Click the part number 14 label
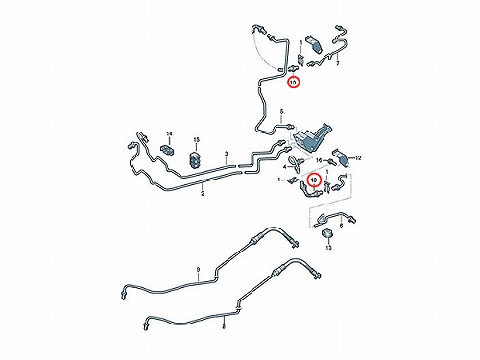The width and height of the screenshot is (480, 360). [169, 133]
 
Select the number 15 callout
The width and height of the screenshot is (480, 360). [196, 140]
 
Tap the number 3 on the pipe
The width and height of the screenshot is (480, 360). [227, 154]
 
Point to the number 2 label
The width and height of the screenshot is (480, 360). [203, 194]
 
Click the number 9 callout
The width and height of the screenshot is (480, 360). [198, 270]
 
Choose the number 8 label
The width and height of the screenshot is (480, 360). [224, 326]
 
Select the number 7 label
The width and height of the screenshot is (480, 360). [337, 63]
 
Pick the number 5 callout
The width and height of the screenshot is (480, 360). [281, 112]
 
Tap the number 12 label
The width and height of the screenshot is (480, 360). [358, 157]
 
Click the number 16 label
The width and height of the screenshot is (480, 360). [319, 160]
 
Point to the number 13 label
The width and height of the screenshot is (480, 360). [328, 248]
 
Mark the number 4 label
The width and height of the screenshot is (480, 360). [284, 167]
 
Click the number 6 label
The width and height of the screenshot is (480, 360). [341, 226]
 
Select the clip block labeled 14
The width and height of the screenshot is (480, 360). [167, 150]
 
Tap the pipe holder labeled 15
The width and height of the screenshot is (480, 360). [195, 159]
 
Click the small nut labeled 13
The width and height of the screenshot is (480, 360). [326, 234]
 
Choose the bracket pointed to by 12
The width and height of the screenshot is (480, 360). [341, 157]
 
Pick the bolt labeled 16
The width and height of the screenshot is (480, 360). [331, 161]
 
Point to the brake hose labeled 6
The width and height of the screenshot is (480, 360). [335, 217]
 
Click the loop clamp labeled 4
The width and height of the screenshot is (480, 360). [296, 162]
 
